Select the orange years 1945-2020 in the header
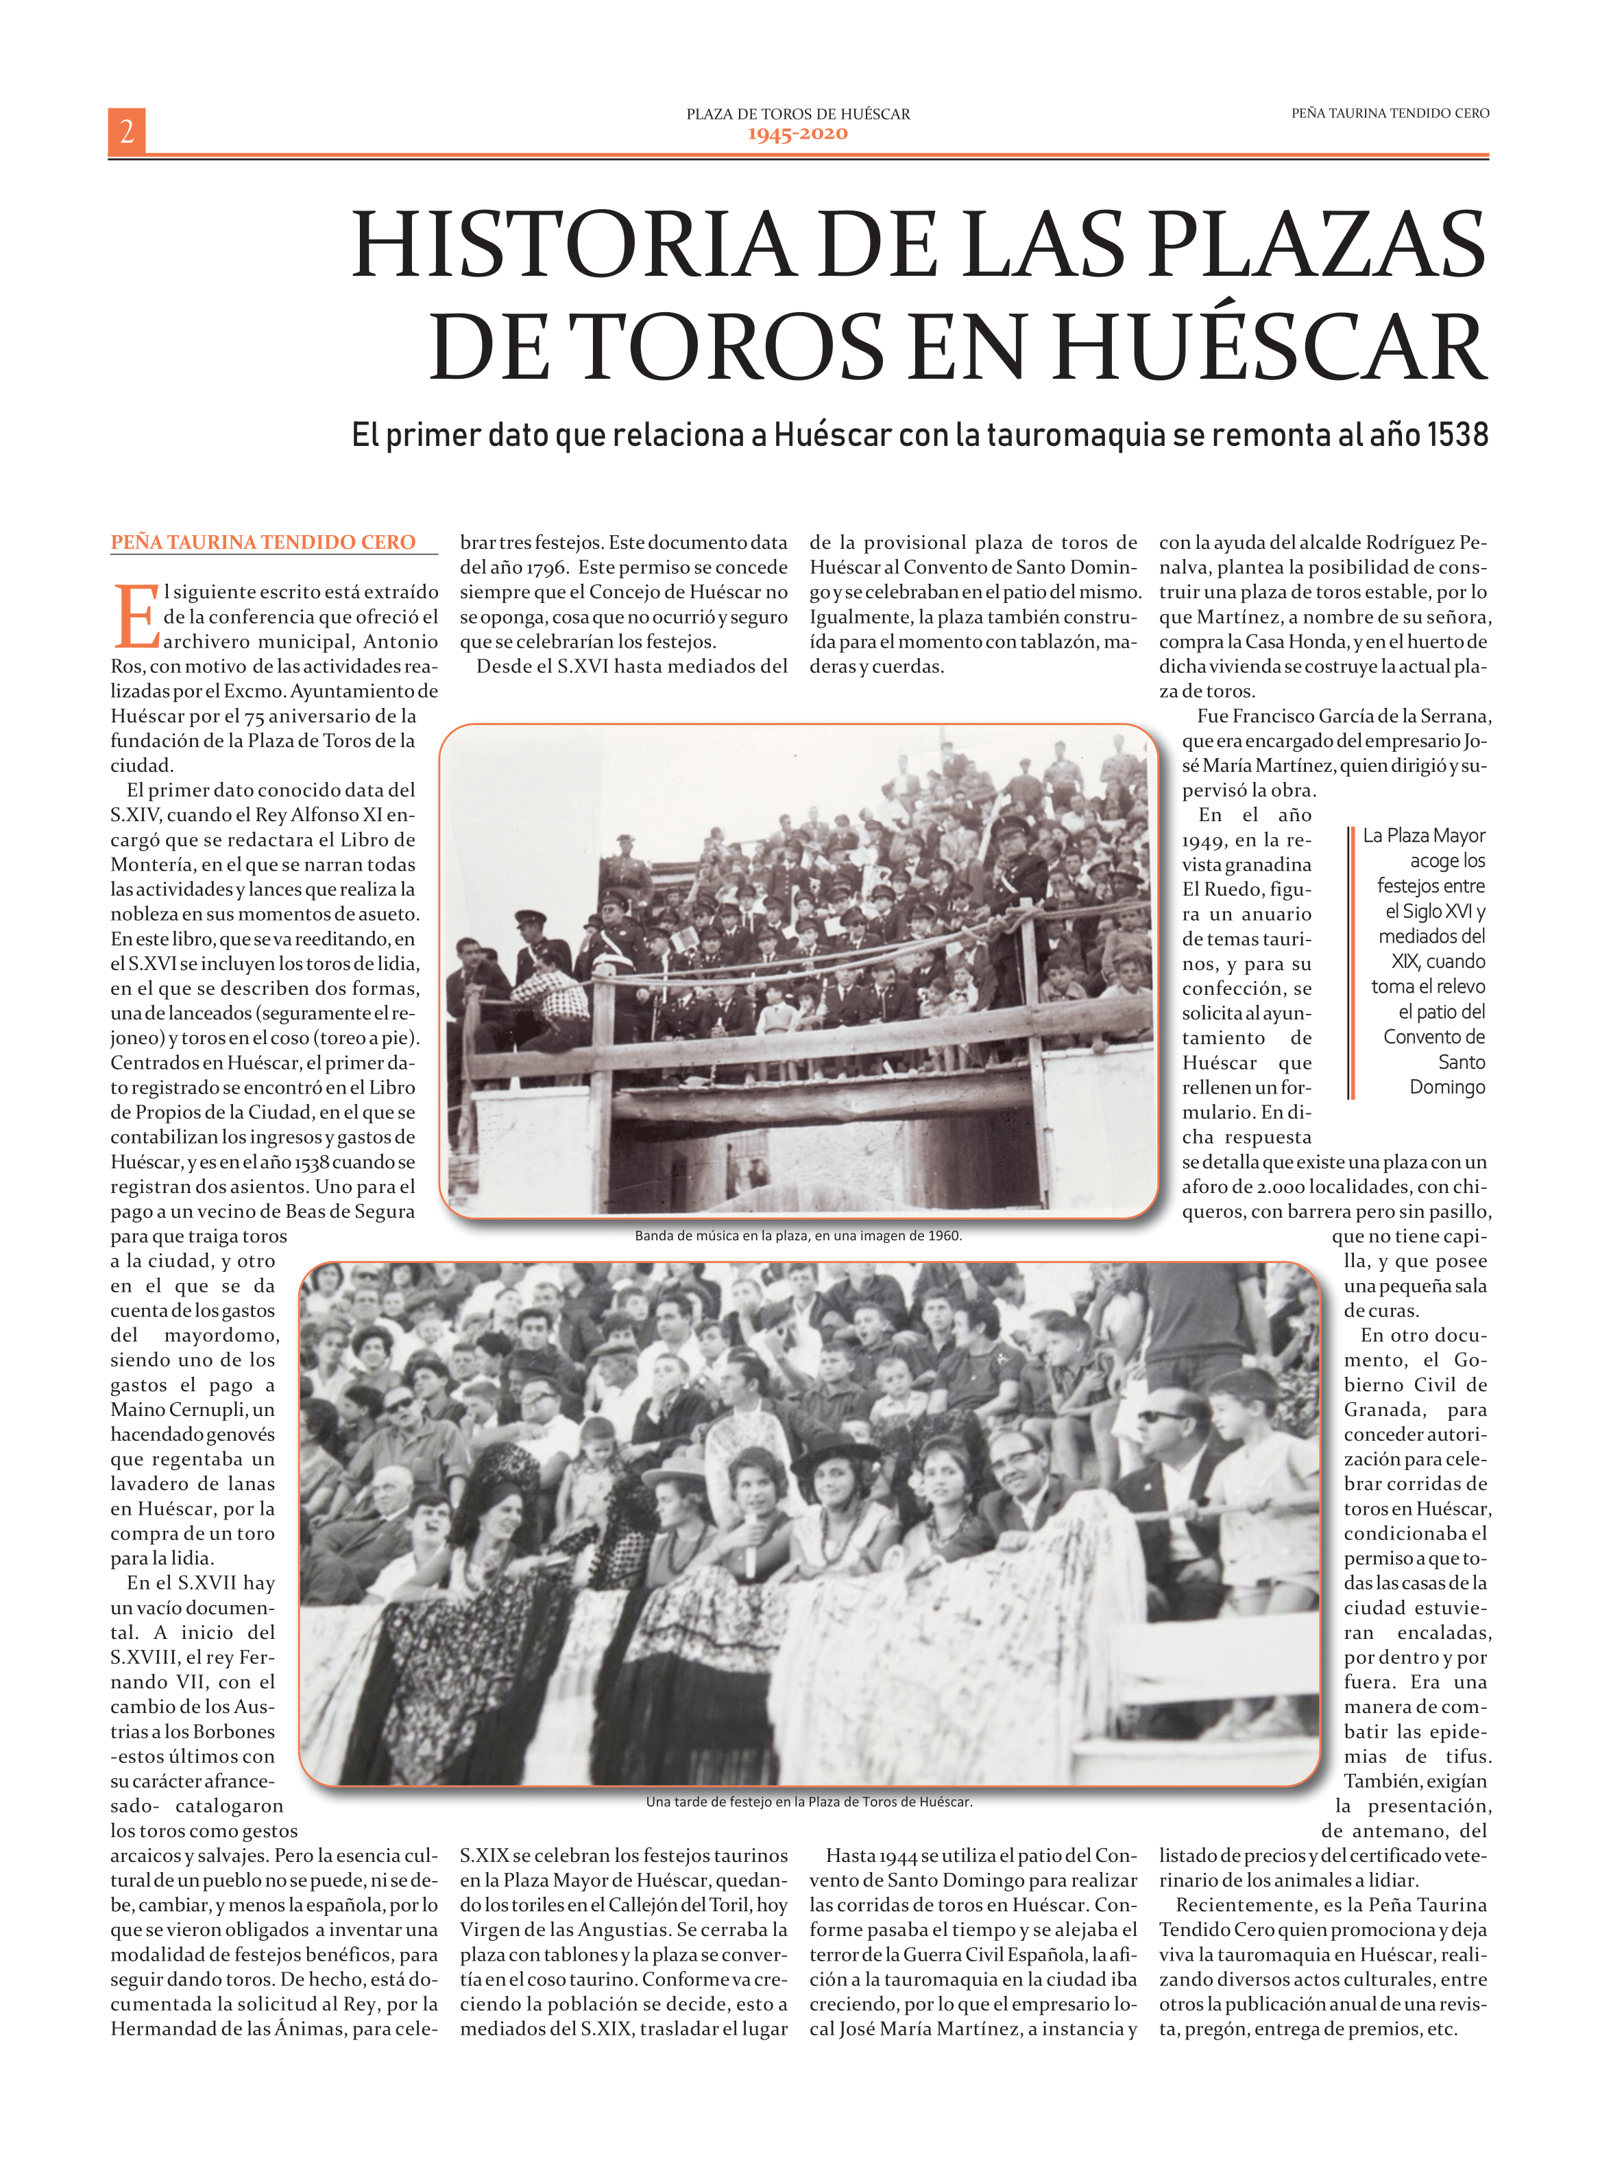tap(797, 134)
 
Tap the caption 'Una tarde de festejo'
tap(809, 1802)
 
